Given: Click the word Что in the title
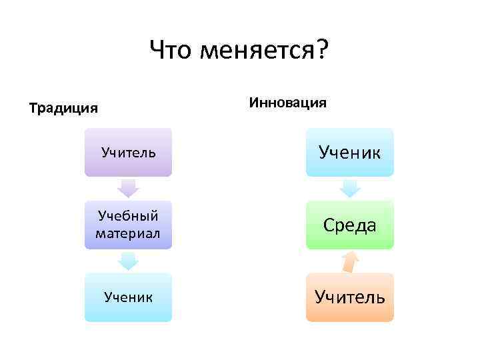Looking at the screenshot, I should [171, 50].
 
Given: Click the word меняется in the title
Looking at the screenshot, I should [255, 50].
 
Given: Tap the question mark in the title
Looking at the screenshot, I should [323, 50].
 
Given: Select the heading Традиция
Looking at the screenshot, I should [63, 107].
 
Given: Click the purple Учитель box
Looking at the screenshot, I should [128, 152].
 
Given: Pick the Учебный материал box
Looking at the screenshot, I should [128, 225].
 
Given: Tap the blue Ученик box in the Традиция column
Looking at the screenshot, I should [128, 297].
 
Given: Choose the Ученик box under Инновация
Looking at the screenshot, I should [350, 152].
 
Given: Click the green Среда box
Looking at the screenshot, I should [350, 225].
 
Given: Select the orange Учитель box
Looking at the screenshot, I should [350, 297].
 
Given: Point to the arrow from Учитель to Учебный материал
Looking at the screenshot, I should [128, 188].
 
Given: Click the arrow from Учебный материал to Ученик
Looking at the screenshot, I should [128, 261].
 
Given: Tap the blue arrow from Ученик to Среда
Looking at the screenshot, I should [350, 188].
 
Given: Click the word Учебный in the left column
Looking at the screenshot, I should [128, 217].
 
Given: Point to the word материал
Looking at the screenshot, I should [128, 233].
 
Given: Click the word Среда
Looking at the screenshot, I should [350, 225].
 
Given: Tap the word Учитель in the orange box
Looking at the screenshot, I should [350, 297].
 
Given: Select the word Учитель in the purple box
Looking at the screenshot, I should [128, 152].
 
